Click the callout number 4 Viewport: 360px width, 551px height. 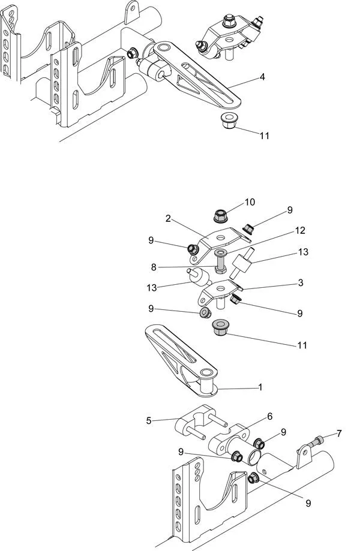(262, 77)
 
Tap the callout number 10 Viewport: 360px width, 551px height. (250, 202)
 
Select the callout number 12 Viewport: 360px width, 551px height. (300, 230)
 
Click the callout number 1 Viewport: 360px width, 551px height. (260, 387)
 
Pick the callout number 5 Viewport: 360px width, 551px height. (149, 420)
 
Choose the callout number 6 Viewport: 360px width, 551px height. (269, 416)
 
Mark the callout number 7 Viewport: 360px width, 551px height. (340, 432)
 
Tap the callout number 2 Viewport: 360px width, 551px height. (170, 219)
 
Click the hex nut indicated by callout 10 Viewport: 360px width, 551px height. (219, 214)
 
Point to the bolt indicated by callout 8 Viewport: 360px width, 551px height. (220, 261)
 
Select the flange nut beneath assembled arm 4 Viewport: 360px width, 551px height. (227, 121)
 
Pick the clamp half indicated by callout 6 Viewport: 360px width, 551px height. (230, 438)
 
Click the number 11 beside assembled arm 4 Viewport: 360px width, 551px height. (264, 136)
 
